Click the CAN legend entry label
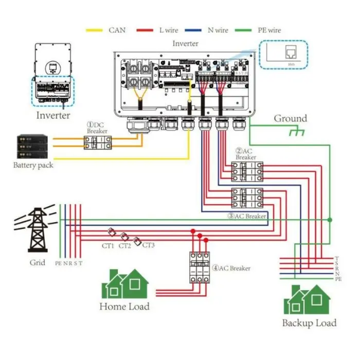117,30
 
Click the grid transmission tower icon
38,229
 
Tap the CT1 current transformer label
108,246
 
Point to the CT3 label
148,245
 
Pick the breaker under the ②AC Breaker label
247,172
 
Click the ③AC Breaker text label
246,217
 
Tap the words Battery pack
33,166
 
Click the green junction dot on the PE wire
330,220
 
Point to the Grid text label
38,263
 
